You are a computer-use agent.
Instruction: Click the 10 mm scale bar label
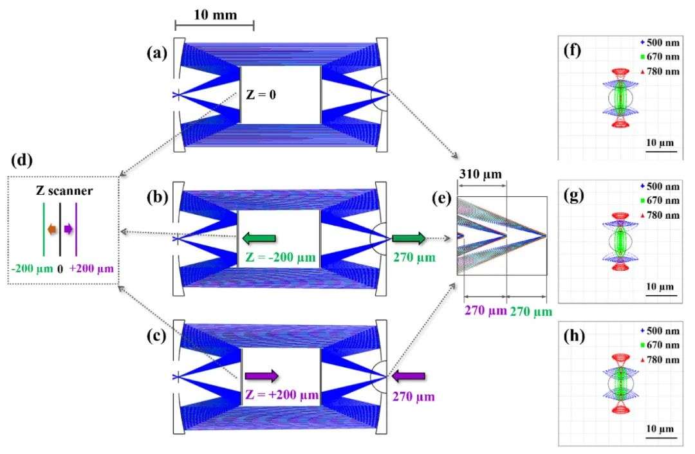214,14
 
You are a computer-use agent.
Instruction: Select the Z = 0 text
264,95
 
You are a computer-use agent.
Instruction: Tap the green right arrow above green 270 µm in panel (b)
409,239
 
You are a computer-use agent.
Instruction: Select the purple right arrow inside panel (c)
261,376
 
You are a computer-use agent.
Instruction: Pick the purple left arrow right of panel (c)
409,375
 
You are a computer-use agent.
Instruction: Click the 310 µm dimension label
480,174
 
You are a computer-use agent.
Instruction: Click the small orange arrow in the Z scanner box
50,228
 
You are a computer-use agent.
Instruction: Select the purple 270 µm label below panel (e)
484,312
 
